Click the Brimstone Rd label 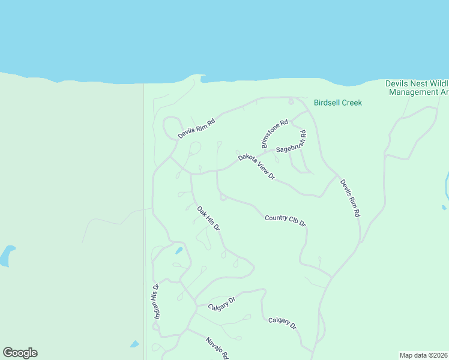coord(274,134)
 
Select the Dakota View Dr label coord(256,167)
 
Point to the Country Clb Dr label coord(286,220)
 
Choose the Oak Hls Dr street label coord(209,219)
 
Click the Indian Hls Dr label coord(155,301)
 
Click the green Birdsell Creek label coord(338,103)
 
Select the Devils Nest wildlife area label coord(417,88)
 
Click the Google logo coord(20,353)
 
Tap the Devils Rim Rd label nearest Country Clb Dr coord(350,198)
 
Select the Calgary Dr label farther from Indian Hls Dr coord(282,323)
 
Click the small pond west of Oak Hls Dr coord(179,251)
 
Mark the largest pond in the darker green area coord(7,255)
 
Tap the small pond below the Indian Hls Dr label coord(134,344)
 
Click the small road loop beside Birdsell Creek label coord(291,101)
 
